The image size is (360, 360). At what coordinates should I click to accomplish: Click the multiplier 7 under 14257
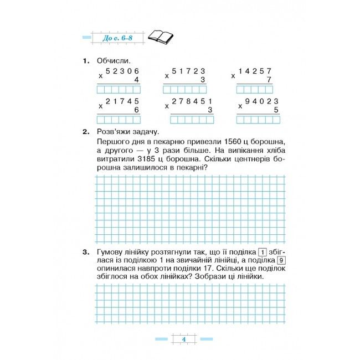[x=269, y=80]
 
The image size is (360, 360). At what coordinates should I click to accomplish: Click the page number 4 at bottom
[x=182, y=340]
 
